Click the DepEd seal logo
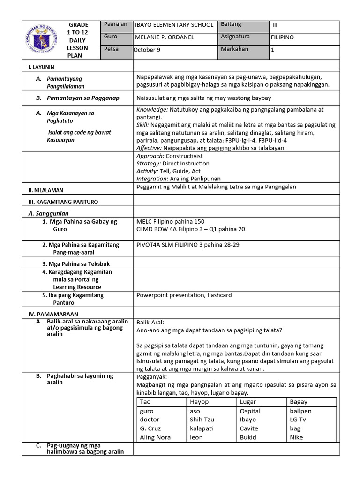(x=40, y=39)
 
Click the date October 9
(x=147, y=50)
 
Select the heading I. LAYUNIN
(x=42, y=67)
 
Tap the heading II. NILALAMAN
(x=46, y=190)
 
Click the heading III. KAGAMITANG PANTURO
(x=63, y=202)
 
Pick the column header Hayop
(x=199, y=402)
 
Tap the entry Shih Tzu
(x=202, y=420)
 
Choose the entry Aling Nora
(x=155, y=437)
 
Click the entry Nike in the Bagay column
(x=296, y=437)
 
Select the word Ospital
(x=250, y=411)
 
